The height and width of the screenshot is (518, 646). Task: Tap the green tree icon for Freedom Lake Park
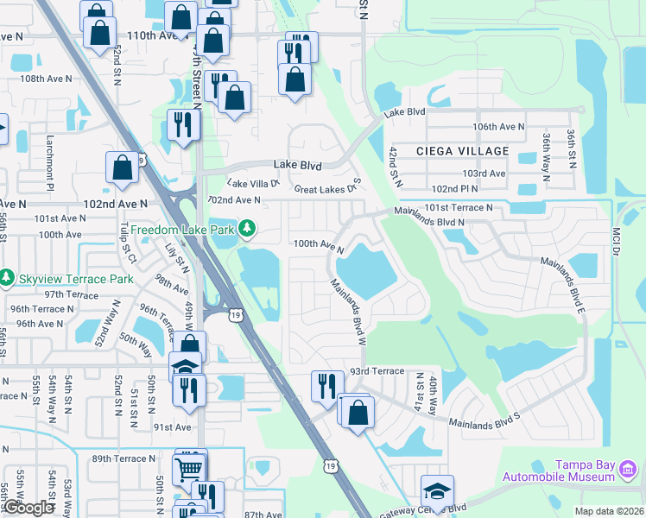click(248, 229)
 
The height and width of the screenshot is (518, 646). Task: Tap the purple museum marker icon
click(628, 471)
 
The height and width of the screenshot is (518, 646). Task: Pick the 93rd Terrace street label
click(377, 371)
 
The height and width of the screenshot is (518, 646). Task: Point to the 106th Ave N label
click(498, 126)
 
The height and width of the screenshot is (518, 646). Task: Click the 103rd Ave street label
click(485, 174)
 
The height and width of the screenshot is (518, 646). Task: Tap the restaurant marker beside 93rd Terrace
click(326, 385)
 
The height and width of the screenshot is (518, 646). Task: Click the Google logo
click(28, 508)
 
